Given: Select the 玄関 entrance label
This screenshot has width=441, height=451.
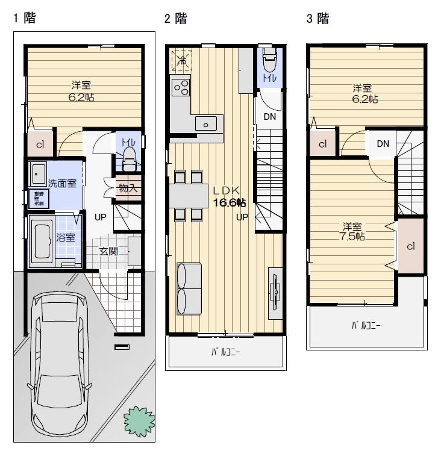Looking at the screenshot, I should pos(108,251).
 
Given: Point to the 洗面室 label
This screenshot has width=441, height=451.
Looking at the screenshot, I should pos(62,183).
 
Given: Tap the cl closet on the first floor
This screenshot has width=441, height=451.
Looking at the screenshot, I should pos(40,145).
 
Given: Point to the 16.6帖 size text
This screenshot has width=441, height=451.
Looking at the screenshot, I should pos(230,202).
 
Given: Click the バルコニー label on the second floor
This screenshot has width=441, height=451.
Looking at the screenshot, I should pos(225,353).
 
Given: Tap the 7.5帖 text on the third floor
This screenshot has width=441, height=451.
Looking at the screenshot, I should pos(352,237).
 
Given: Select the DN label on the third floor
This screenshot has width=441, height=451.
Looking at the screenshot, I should pos(383,143).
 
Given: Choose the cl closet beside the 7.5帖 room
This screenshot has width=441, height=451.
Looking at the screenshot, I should pos(410,246).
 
